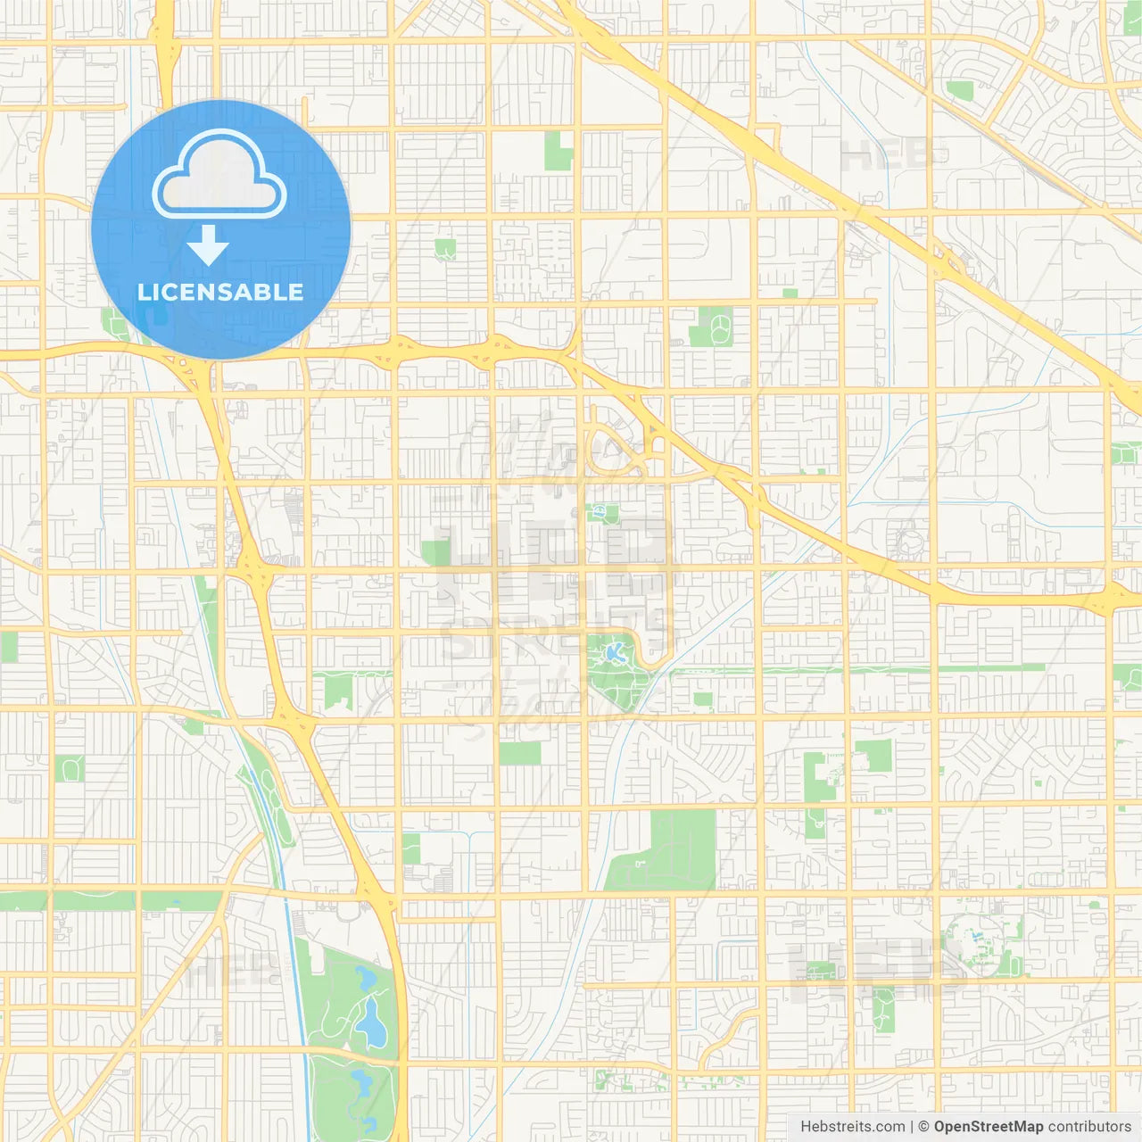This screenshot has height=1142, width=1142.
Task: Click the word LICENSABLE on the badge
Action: pyautogui.click(x=220, y=292)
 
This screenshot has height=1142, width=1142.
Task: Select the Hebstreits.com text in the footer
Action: pyautogui.click(x=852, y=1127)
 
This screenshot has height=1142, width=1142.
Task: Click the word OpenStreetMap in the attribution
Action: pyautogui.click(x=988, y=1127)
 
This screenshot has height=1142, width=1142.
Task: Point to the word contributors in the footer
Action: pyautogui.click(x=1089, y=1127)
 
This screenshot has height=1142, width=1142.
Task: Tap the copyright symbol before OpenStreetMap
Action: pyautogui.click(x=923, y=1127)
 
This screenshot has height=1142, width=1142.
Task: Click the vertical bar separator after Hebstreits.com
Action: pyautogui.click(x=912, y=1127)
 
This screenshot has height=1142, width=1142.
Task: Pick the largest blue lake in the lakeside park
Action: pyautogui.click(x=370, y=1022)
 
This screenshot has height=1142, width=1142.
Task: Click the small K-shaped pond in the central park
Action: pyautogui.click(x=614, y=652)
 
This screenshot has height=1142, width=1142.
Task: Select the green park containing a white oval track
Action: pyautogui.click(x=711, y=327)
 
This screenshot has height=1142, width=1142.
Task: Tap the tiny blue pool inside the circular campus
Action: pyautogui.click(x=975, y=939)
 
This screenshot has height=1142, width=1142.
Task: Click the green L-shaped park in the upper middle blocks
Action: pyautogui.click(x=559, y=151)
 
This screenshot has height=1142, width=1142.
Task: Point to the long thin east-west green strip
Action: pyautogui.click(x=856, y=668)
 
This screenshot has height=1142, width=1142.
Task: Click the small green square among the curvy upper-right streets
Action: pyautogui.click(x=960, y=90)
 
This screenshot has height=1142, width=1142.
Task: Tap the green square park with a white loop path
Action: pyautogui.click(x=69, y=768)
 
